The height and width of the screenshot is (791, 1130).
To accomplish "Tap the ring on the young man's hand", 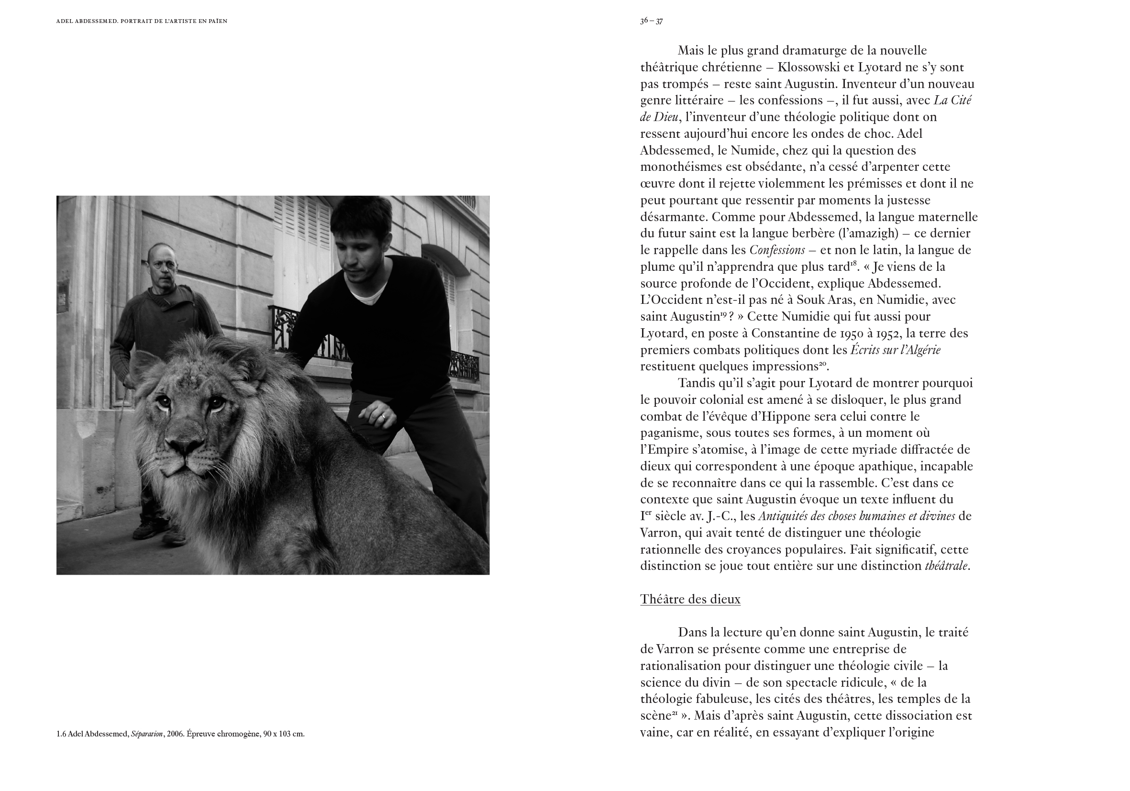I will (384, 416).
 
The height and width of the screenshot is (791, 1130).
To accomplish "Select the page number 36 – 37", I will (651, 21).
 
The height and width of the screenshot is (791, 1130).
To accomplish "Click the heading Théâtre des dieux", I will (690, 599).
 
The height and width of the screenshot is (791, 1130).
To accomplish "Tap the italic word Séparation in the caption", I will (147, 734).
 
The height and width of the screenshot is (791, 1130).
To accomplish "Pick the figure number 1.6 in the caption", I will (61, 734).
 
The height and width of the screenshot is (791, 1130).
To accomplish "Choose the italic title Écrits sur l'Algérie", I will (895, 350).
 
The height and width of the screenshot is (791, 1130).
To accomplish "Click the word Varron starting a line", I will (657, 533).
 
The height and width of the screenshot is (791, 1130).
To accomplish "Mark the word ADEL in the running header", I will (64, 21).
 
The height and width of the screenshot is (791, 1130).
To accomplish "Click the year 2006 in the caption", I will (175, 734).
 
